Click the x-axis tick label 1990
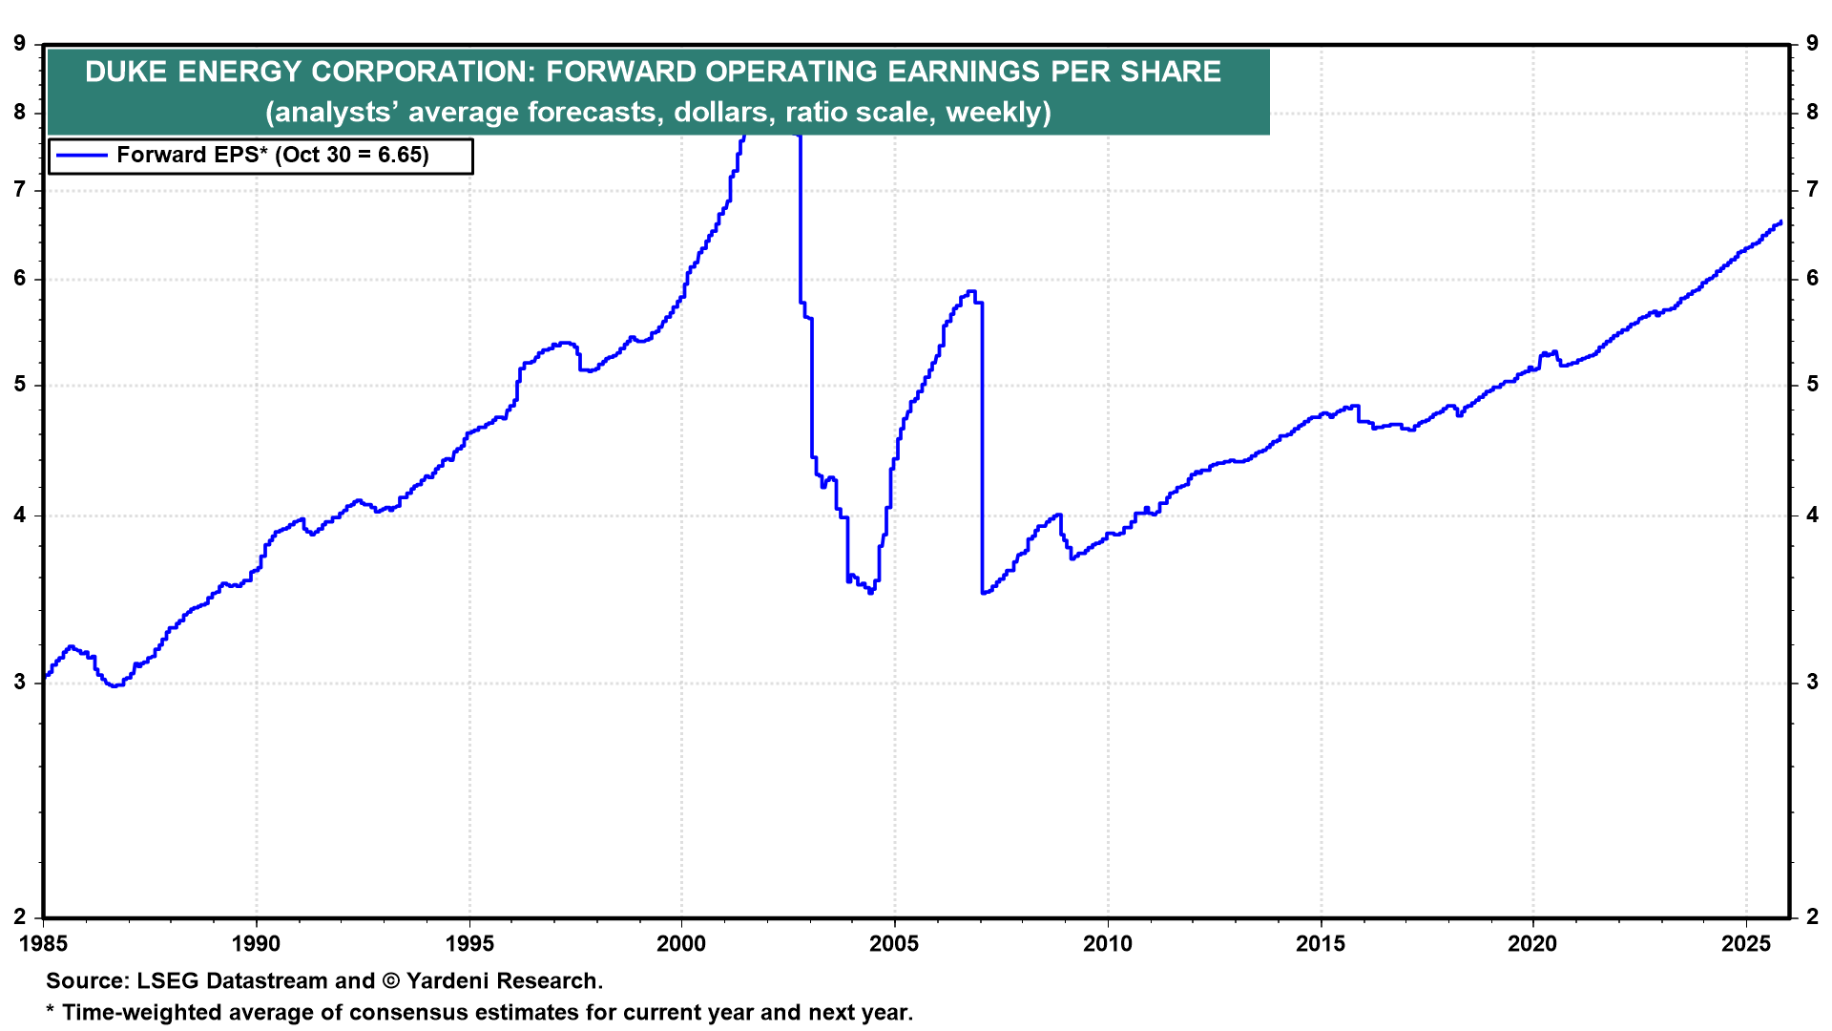[x=256, y=944]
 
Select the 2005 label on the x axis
[x=894, y=944]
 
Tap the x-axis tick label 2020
[x=1532, y=944]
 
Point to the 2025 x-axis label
[x=1745, y=944]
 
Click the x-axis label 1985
[x=43, y=944]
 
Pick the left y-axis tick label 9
[x=20, y=43]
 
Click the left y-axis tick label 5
[x=20, y=385]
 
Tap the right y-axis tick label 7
[x=1812, y=190]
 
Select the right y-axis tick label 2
[x=1812, y=916]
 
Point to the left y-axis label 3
[x=20, y=682]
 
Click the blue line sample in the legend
[x=81, y=156]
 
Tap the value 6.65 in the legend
[x=397, y=156]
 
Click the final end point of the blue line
[x=1780, y=222]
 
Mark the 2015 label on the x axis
[x=1320, y=944]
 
